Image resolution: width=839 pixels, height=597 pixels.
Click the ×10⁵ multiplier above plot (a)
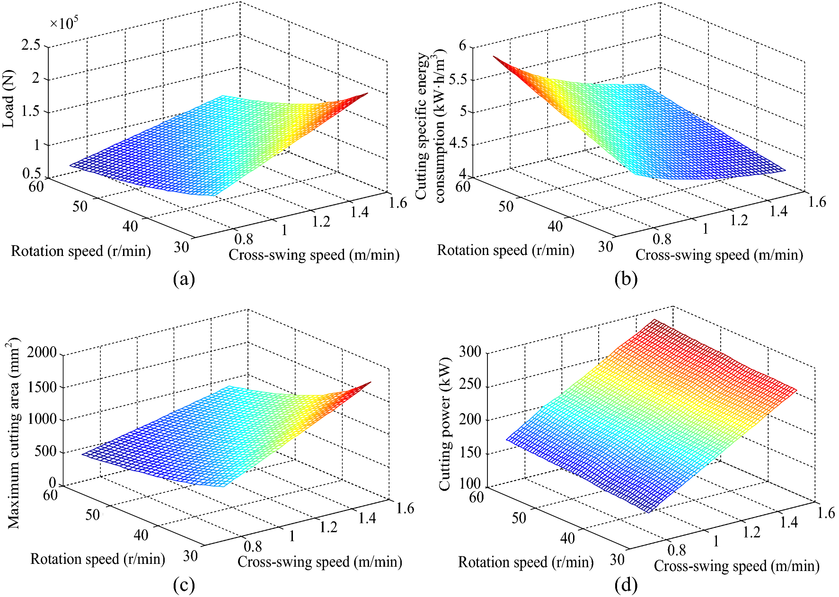[x=64, y=23]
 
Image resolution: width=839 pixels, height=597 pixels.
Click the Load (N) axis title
[x=9, y=99]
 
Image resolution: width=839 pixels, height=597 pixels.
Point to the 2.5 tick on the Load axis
[x=31, y=45]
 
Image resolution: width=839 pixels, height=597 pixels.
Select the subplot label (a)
[x=184, y=279]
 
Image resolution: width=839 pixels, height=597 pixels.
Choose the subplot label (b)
[x=626, y=279]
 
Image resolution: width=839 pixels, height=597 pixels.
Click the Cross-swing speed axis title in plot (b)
[x=719, y=255]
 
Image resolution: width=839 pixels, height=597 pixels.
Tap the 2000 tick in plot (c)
[x=42, y=352]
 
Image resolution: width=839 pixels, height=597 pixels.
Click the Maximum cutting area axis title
[x=13, y=433]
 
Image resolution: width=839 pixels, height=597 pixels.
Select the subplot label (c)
[x=184, y=586]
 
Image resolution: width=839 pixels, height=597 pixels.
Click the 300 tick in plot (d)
[x=470, y=351]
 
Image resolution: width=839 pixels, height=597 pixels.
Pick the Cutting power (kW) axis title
[x=444, y=424]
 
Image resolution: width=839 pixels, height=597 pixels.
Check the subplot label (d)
[x=626, y=586]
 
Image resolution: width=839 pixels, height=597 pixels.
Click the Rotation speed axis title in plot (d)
[x=525, y=562]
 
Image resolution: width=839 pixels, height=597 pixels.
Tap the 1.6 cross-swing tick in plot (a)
[x=397, y=202]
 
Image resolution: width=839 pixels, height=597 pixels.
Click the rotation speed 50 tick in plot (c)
[x=93, y=515]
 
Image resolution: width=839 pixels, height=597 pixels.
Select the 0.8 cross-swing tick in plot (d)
[x=676, y=550]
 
